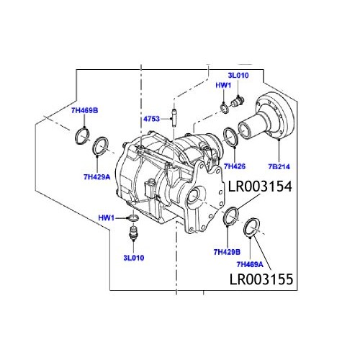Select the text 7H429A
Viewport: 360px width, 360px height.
[97, 176]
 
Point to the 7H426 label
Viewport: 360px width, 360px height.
[235, 166]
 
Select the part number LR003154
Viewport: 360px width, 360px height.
[260, 187]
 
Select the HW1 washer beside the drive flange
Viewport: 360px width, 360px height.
[225, 108]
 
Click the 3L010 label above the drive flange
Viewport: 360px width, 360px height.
[239, 74]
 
